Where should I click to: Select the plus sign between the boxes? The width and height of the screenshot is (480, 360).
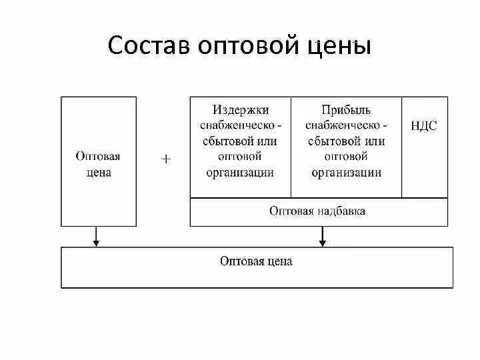pos(167,159)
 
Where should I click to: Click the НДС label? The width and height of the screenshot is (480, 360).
pos(424,126)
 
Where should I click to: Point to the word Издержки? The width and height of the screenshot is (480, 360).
pos(241,110)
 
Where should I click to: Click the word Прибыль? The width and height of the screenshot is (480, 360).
pos(345,110)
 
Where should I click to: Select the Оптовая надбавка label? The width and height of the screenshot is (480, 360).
pos(317,211)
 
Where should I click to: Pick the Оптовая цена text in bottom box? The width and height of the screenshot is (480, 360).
pos(256,261)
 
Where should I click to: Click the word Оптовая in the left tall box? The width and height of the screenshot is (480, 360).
pos(98,157)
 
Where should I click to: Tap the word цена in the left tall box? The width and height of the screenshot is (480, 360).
pos(98,173)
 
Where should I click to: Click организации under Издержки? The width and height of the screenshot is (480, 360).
pos(241,173)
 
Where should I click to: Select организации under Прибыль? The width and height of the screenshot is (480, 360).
pos(345,173)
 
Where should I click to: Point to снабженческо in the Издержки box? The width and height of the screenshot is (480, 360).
pos(237,126)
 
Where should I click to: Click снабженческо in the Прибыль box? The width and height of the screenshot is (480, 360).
pos(341,126)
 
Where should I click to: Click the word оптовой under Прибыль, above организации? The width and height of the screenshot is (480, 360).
pos(345,157)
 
